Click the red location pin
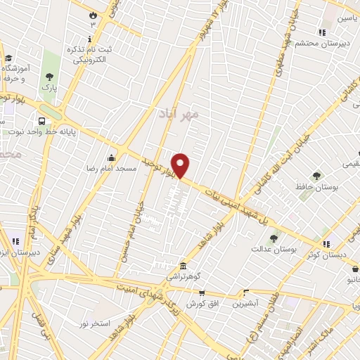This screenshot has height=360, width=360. pyautogui.click(x=181, y=165)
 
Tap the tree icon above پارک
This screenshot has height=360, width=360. pyautogui.click(x=49, y=77)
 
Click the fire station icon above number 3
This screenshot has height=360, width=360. pyautogui.click(x=92, y=14)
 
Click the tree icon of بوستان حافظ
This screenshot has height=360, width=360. pyautogui.click(x=316, y=176)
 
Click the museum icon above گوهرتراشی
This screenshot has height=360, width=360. pyautogui.click(x=183, y=266)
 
